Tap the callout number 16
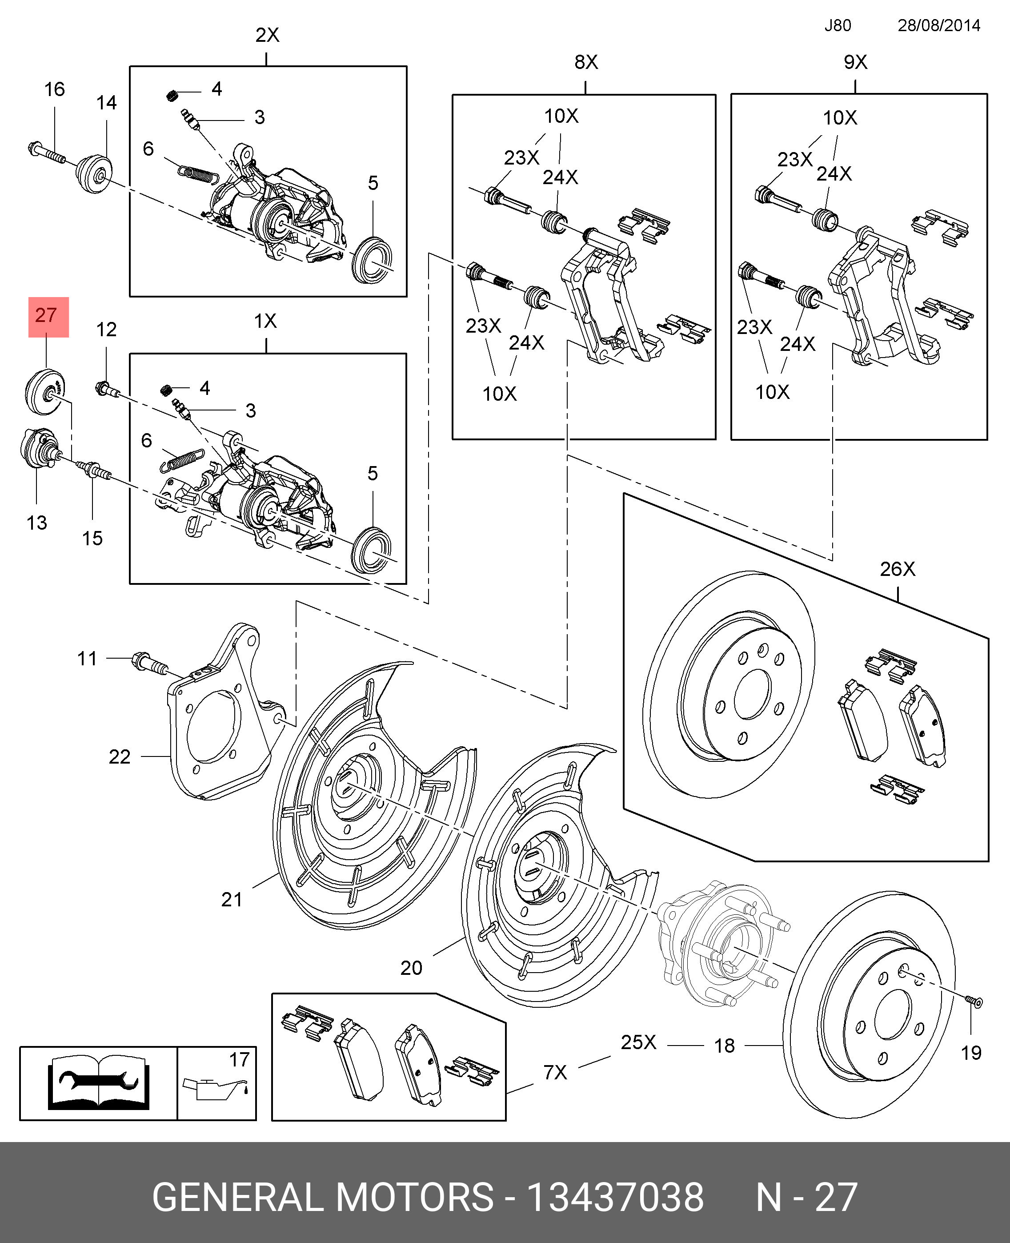(x=55, y=90)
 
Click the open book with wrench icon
(x=98, y=1083)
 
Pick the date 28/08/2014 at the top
(x=938, y=26)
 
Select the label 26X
(x=897, y=568)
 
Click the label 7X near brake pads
(x=555, y=1072)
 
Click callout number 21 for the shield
(x=232, y=900)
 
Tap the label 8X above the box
(x=586, y=62)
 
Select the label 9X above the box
(x=855, y=62)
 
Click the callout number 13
(x=36, y=523)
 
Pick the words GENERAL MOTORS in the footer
(x=323, y=1198)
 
